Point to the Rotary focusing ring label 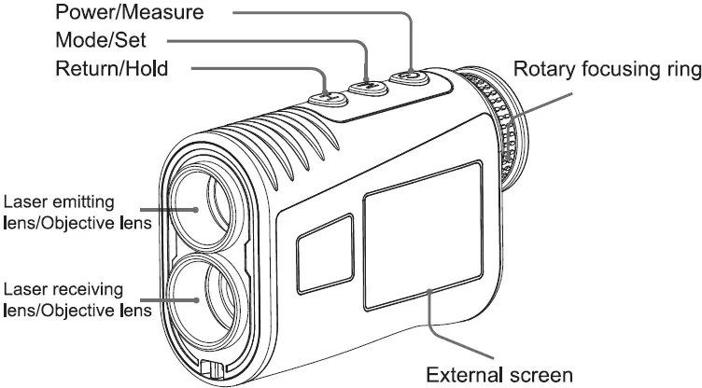606,69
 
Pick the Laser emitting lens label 72,211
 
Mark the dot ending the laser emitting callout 196,210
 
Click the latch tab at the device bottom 211,369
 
